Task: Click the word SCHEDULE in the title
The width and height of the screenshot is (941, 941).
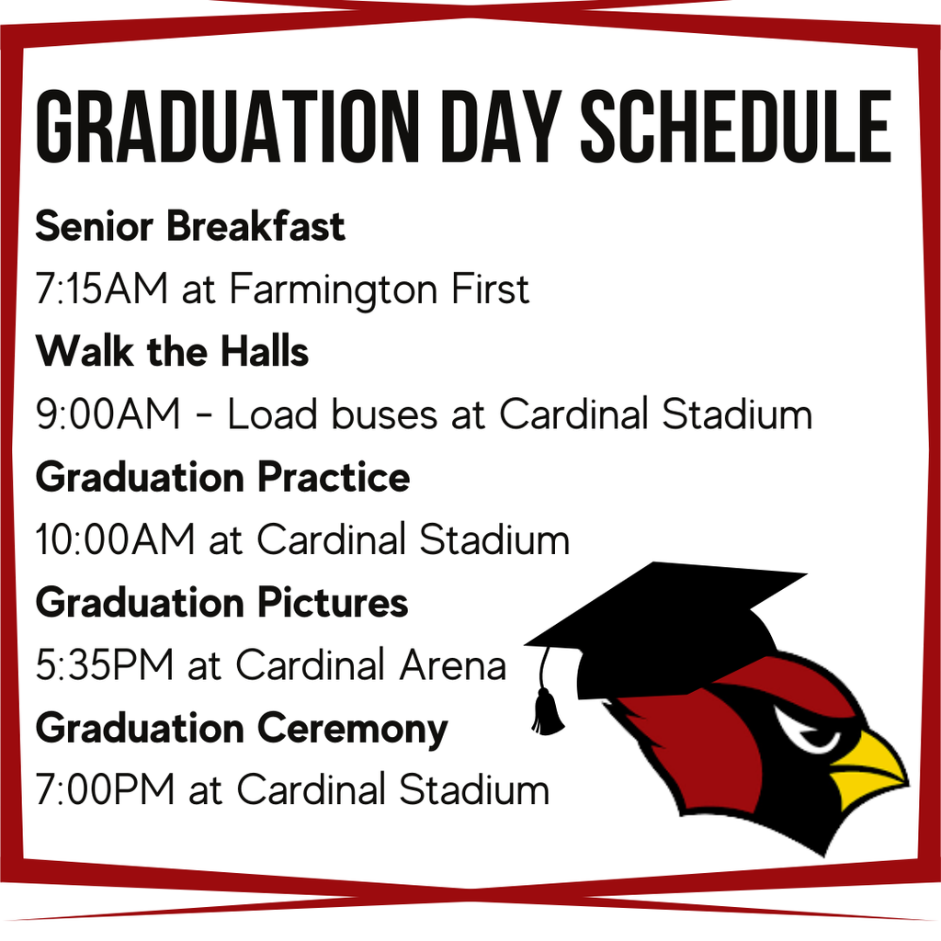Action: tap(736, 127)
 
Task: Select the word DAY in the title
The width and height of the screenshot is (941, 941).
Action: tap(500, 127)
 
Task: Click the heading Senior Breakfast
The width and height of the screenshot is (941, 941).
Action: tap(190, 227)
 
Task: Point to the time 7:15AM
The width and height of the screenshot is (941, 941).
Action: tap(101, 289)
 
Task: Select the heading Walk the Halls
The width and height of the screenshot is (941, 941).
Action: tap(172, 351)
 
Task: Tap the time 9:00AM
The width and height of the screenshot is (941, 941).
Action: tap(108, 414)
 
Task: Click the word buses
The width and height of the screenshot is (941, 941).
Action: tap(384, 414)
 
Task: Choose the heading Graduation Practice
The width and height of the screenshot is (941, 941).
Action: tap(222, 477)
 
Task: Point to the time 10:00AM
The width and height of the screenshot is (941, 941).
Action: tap(115, 539)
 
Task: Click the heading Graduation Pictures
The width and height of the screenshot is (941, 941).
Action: tap(222, 602)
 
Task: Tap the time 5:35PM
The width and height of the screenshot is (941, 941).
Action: tap(105, 664)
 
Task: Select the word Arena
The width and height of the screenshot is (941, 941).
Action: tap(453, 665)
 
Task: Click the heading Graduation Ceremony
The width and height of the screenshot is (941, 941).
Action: tap(242, 730)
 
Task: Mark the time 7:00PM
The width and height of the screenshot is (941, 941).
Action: tap(106, 789)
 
